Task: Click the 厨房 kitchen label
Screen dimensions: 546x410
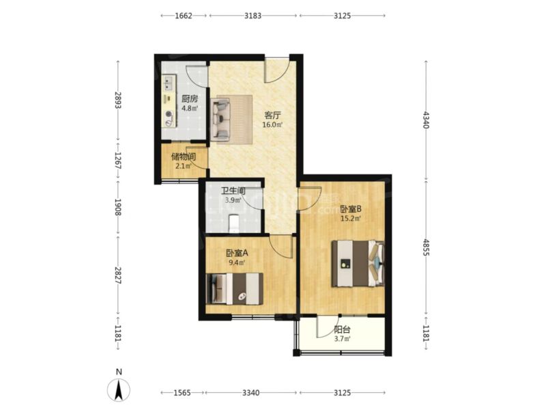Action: (x=190, y=98)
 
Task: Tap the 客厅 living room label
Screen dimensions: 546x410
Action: (x=272, y=115)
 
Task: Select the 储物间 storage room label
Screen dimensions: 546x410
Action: (x=184, y=156)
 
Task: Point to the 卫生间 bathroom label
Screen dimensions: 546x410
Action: (x=233, y=191)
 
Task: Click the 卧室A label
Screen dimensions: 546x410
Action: (x=237, y=253)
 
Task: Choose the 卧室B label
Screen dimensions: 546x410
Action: (x=351, y=209)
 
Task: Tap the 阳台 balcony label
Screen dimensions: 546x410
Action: (x=342, y=329)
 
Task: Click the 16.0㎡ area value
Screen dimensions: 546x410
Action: (x=272, y=125)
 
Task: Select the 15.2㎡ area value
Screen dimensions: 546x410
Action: (x=351, y=219)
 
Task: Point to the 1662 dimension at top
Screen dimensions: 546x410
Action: (x=184, y=16)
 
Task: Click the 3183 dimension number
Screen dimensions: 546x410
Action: (x=253, y=16)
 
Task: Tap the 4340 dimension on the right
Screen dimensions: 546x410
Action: (x=426, y=120)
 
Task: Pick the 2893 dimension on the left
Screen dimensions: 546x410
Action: (x=118, y=100)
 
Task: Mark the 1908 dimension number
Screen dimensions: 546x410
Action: (x=118, y=208)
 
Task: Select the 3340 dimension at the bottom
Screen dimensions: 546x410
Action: (x=251, y=393)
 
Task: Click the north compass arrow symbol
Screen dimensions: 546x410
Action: (x=119, y=389)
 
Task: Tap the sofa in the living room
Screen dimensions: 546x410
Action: (x=220, y=119)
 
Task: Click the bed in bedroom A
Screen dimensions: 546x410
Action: (x=234, y=288)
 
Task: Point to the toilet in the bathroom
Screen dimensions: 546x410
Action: (x=233, y=223)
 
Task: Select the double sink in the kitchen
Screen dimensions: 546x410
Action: (x=169, y=83)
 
